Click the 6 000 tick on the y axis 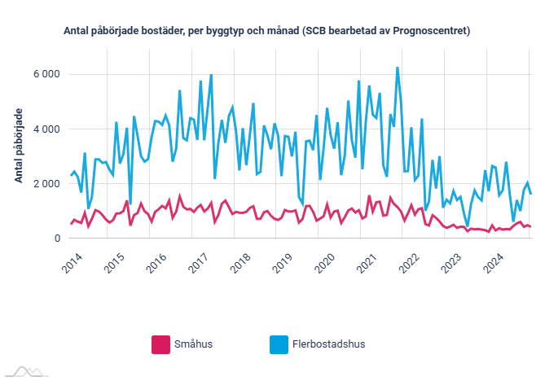(46, 74)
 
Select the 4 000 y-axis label (46, 129)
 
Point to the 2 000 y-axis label (46, 184)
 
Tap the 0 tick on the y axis (57, 239)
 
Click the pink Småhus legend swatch (160, 344)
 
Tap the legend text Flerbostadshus (329, 344)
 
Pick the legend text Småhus (194, 344)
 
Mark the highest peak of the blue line (397, 68)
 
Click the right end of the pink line (531, 226)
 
